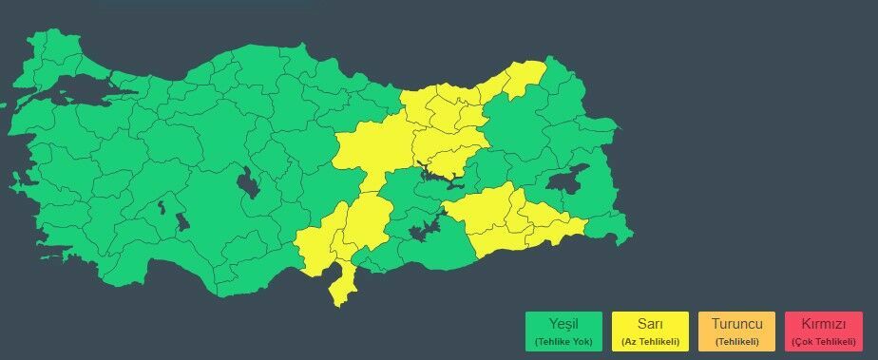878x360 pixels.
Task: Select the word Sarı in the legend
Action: [650, 323]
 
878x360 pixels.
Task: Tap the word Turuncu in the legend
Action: [736, 323]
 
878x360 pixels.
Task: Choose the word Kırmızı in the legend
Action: [823, 323]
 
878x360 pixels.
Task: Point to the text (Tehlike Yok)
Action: [563, 340]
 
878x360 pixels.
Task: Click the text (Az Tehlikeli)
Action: [650, 340]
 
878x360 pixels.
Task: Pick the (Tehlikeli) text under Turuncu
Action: [736, 340]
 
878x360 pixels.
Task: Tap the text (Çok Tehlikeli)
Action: [823, 340]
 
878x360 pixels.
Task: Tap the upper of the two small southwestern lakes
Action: [162, 205]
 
